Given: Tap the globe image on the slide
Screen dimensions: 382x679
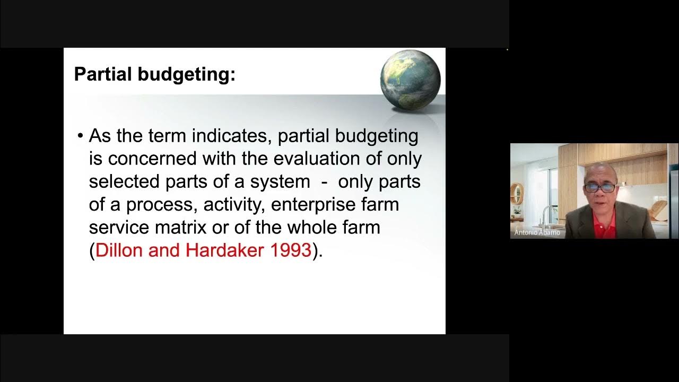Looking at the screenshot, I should pyautogui.click(x=410, y=80).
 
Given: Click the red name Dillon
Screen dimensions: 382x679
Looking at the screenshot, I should pyautogui.click(x=120, y=250).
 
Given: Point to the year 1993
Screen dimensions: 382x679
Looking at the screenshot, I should pyautogui.click(x=291, y=250).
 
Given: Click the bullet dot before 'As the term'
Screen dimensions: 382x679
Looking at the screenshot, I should pyautogui.click(x=81, y=136).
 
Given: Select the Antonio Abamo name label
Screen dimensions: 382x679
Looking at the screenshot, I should pyautogui.click(x=537, y=232).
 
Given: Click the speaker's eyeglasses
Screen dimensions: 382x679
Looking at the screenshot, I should pyautogui.click(x=600, y=187).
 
